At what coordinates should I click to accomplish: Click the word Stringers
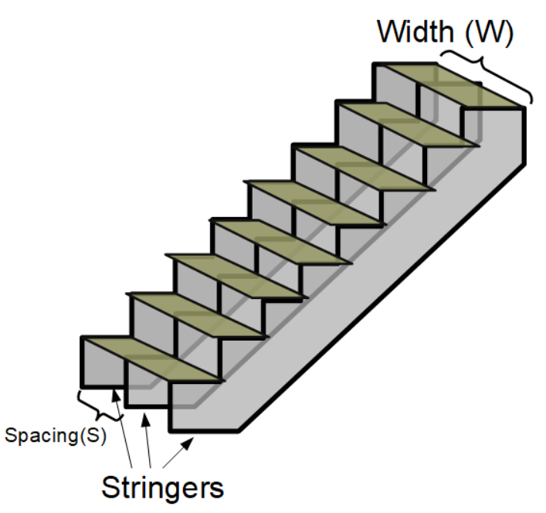[163, 488]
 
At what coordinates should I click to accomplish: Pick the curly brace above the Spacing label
[100, 405]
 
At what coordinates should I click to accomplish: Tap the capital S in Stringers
[111, 488]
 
